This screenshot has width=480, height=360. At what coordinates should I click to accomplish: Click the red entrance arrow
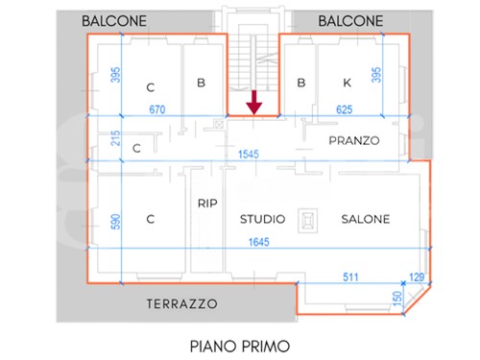coord(254,103)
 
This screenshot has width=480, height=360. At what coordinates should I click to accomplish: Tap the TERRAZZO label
coord(182,303)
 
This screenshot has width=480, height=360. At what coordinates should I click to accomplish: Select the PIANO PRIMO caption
coord(240,347)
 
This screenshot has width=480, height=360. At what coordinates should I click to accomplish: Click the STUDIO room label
coord(262,219)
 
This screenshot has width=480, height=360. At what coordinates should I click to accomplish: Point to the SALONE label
coord(366,219)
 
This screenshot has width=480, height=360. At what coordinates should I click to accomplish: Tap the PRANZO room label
coord(354,140)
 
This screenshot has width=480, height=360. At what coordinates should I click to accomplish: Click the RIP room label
coord(207,204)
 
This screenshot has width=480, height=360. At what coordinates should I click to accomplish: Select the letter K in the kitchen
coord(347,83)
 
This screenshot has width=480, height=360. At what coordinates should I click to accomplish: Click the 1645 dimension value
coord(259,242)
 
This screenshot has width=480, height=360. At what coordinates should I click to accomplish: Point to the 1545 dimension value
coord(249,155)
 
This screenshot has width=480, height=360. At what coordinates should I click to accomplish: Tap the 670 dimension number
coord(157,109)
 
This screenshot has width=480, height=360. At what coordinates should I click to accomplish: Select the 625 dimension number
coord(345,109)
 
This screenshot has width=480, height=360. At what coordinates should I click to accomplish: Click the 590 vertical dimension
coord(115,222)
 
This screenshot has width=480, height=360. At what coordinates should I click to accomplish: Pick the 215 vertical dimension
coord(115,138)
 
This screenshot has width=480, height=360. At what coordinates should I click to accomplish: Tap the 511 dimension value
coord(350,276)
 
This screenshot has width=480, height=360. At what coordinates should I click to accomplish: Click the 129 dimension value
coord(417,276)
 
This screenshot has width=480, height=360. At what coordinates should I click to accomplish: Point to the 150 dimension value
coord(396,299)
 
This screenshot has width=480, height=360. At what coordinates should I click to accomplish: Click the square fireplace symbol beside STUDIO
coord(308,221)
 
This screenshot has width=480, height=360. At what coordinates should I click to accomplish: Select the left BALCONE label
coord(114,21)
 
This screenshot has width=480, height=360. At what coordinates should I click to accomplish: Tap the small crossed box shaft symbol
coord(219,124)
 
